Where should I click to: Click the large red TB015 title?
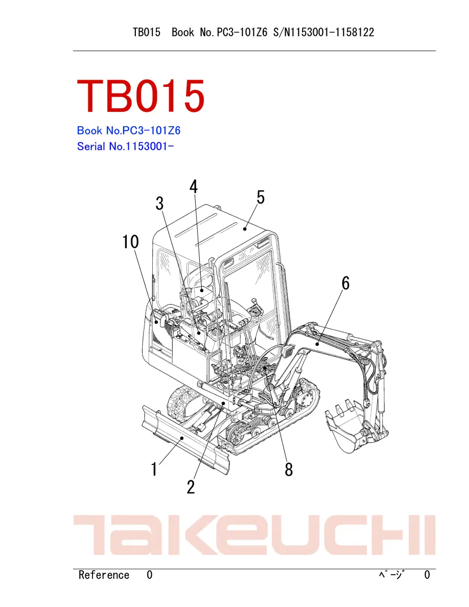(x=141, y=96)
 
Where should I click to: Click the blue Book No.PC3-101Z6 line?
(x=129, y=130)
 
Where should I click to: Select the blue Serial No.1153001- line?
(x=125, y=146)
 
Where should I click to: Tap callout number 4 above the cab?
(x=194, y=186)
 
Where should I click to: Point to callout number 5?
(x=261, y=197)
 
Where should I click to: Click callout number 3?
(x=159, y=203)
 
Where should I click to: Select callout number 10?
(x=130, y=242)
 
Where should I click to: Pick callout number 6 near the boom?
(x=345, y=283)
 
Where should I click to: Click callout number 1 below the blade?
(x=154, y=469)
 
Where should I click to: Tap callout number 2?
(x=191, y=486)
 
